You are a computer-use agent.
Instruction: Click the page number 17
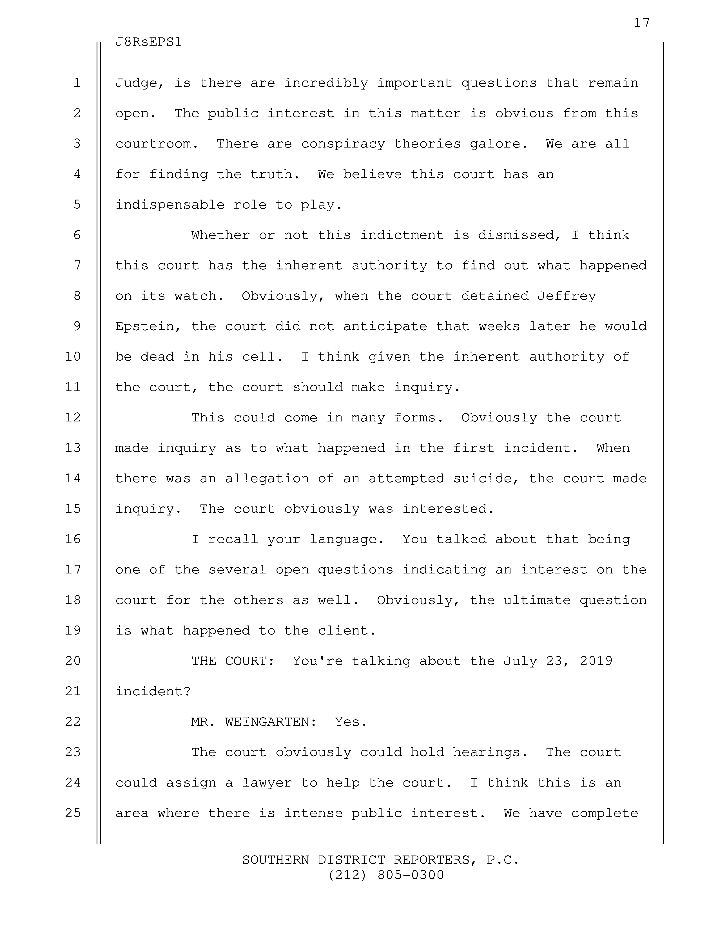[x=641, y=23]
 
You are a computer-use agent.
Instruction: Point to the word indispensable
[x=170, y=205]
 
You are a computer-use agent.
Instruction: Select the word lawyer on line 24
[x=267, y=783]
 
